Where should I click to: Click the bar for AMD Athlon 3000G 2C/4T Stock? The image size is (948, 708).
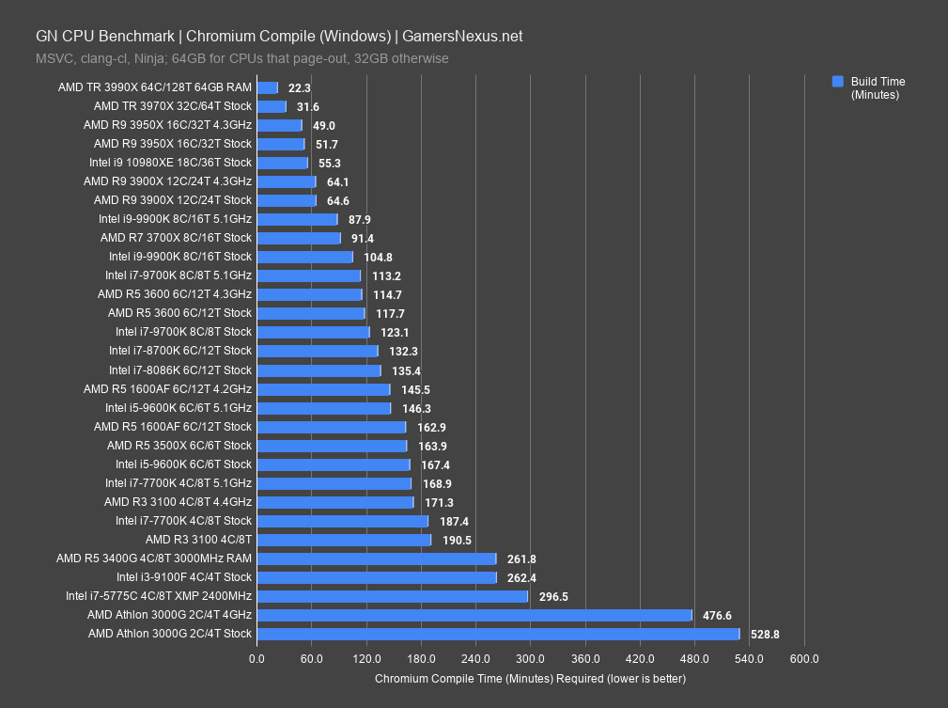(x=498, y=634)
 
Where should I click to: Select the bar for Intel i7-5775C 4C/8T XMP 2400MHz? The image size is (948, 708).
(x=392, y=596)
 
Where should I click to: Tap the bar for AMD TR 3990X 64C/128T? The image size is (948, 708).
(x=267, y=87)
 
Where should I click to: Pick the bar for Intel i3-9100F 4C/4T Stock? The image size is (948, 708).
(x=376, y=577)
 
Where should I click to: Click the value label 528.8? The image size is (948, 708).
(x=765, y=635)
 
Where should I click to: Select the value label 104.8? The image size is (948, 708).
(x=377, y=257)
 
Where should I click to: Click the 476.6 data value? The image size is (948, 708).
(x=717, y=616)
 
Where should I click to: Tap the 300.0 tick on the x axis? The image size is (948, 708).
(x=530, y=658)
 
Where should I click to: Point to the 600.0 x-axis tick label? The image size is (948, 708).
(x=804, y=658)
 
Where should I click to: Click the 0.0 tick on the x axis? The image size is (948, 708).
(x=256, y=658)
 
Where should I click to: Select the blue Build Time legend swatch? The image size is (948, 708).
(x=838, y=82)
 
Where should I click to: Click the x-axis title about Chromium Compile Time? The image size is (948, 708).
(x=530, y=678)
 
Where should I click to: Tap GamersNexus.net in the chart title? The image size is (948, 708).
(x=462, y=37)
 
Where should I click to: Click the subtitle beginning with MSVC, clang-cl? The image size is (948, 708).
(x=242, y=58)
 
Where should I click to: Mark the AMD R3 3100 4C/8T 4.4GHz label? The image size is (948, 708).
(x=178, y=502)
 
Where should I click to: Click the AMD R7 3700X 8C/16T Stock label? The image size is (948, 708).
(x=176, y=238)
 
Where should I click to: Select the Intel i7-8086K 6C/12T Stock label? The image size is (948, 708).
(x=179, y=370)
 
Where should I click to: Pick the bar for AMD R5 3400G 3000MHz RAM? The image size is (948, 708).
(x=376, y=559)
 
